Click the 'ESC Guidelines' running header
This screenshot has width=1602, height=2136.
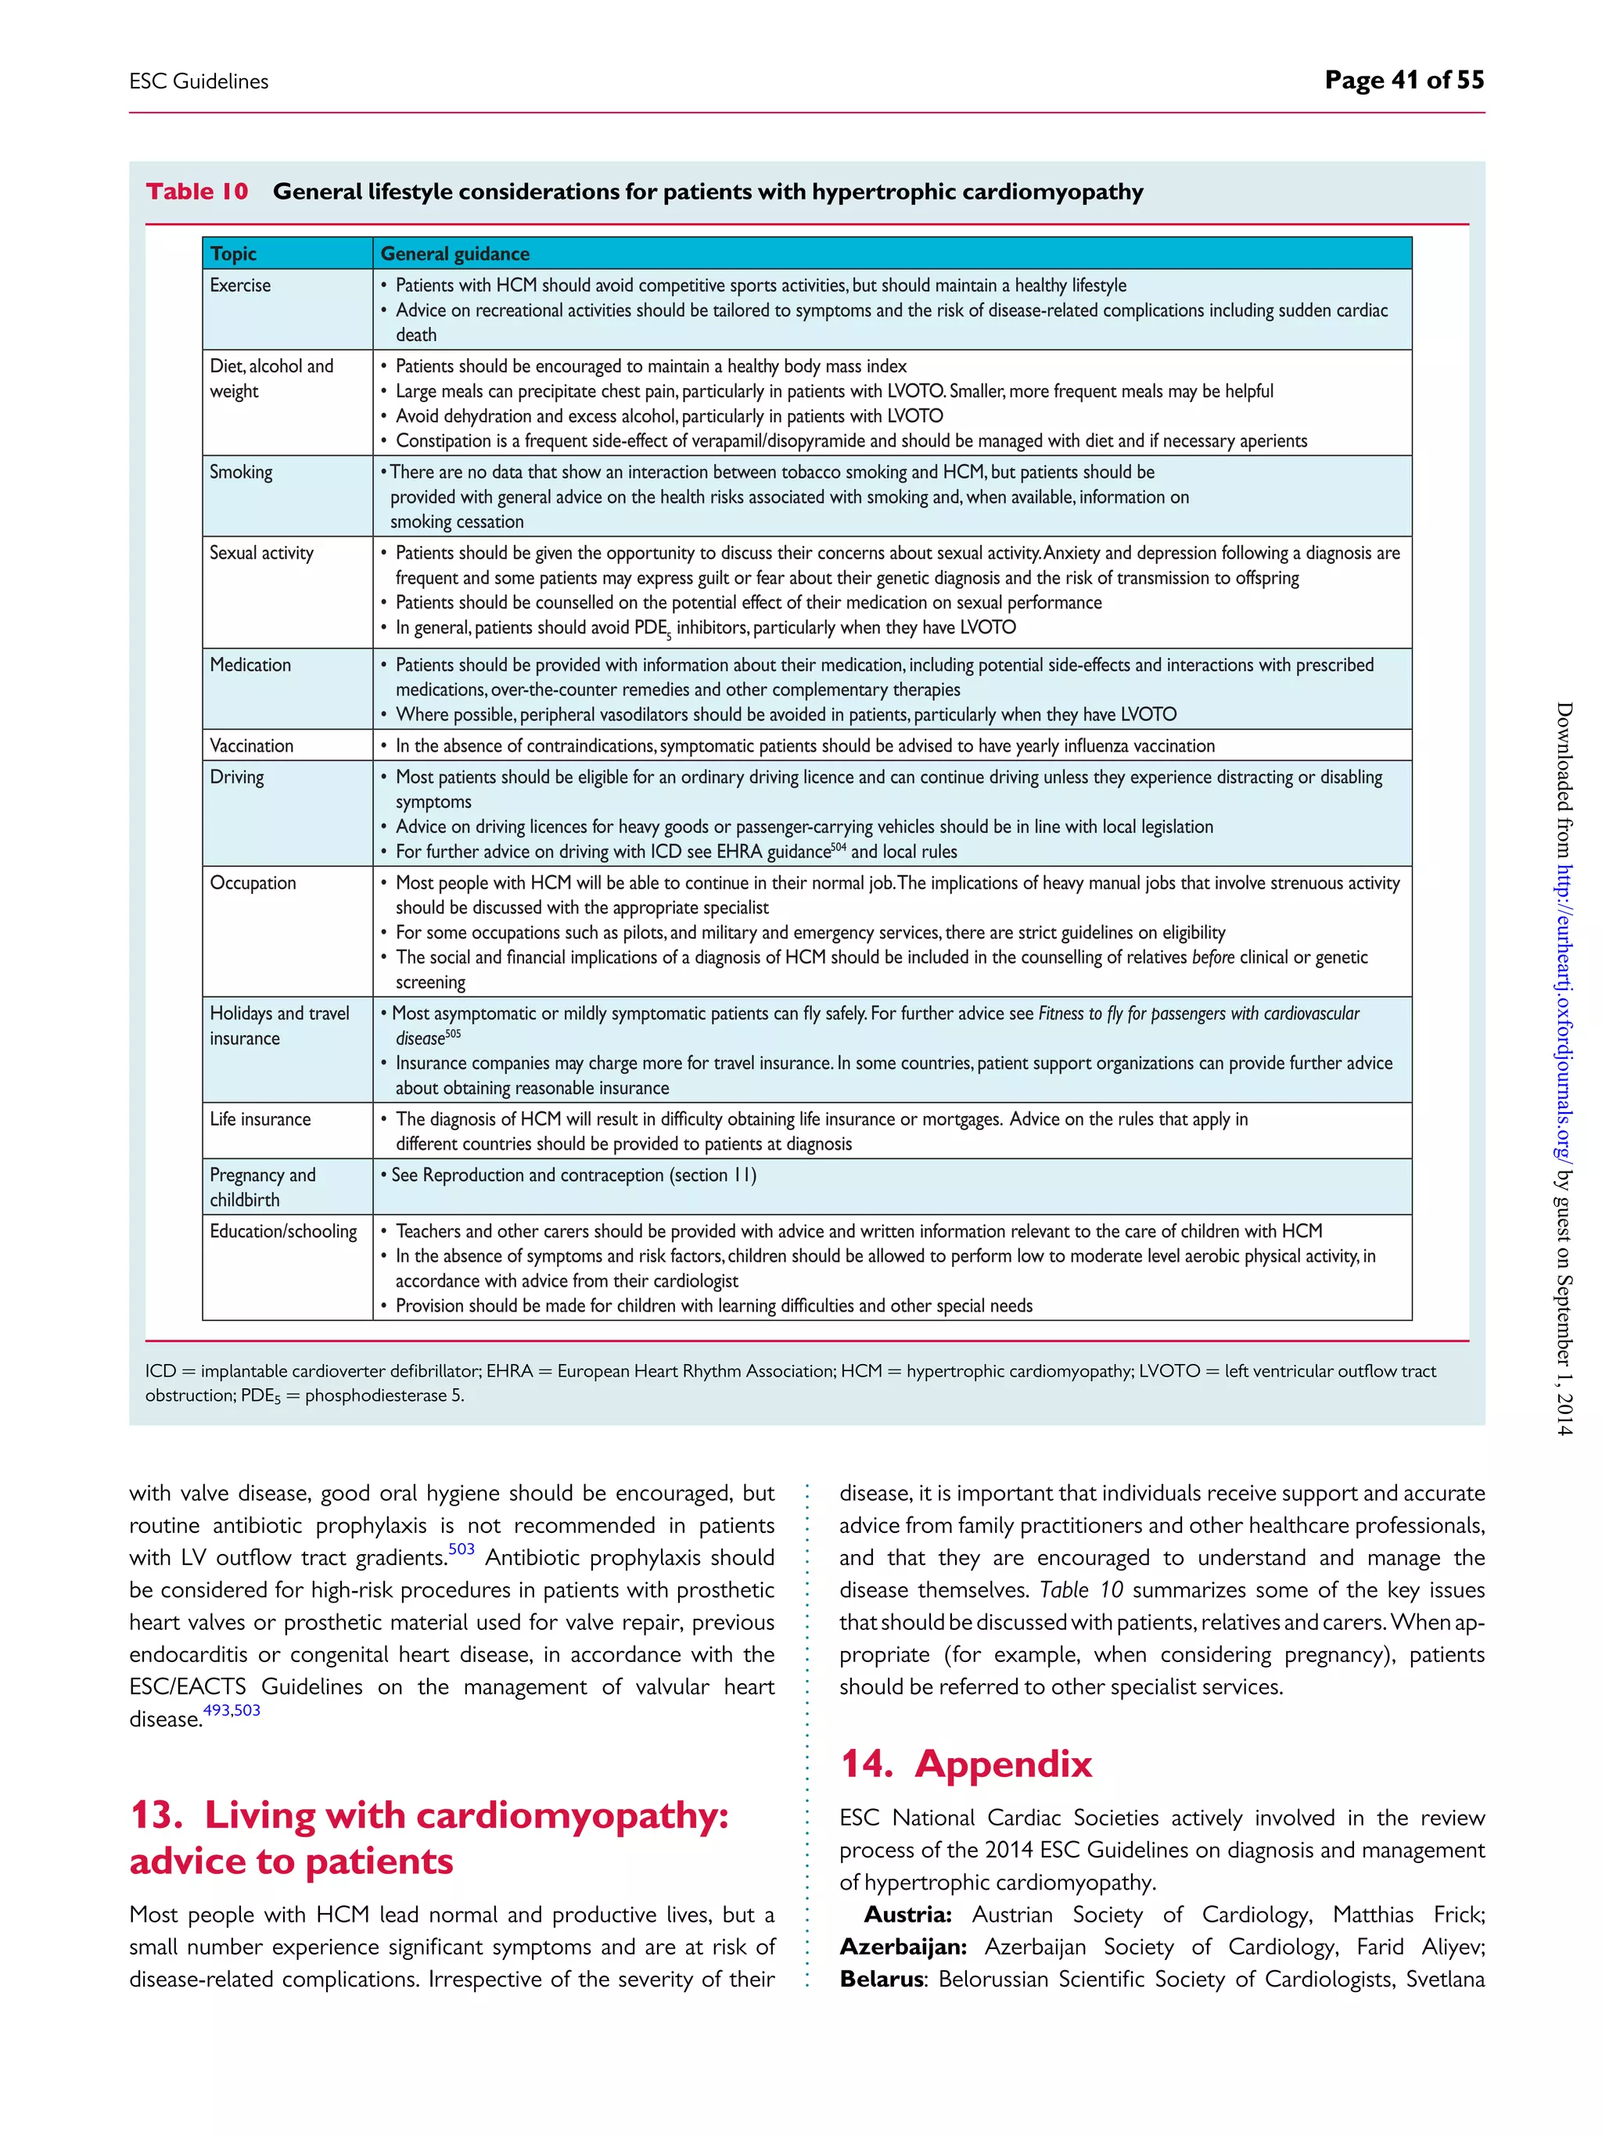(199, 82)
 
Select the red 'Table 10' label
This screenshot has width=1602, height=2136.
(197, 192)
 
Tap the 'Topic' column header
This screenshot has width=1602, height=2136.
(234, 254)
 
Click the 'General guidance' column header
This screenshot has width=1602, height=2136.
(454, 254)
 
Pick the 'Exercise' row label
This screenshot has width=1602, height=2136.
(240, 285)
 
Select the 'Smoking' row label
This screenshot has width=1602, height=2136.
(242, 472)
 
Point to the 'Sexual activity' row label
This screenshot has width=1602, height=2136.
(262, 553)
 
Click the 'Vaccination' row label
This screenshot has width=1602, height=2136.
(252, 745)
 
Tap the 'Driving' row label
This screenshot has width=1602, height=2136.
(236, 777)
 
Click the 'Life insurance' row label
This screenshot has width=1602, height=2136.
(260, 1119)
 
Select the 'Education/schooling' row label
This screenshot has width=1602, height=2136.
(283, 1231)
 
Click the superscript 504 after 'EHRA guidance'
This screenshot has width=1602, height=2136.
(839, 847)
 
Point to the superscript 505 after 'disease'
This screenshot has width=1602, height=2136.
(453, 1034)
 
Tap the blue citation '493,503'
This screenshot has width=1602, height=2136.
(232, 1711)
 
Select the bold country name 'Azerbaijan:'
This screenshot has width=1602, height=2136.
(907, 1947)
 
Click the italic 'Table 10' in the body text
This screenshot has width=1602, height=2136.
(1080, 1590)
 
